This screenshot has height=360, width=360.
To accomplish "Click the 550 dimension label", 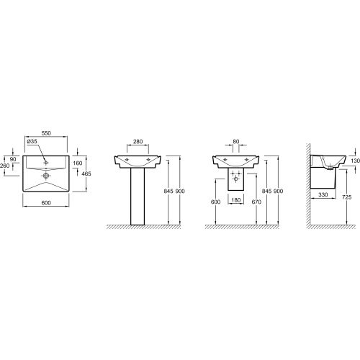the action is tap(46, 133).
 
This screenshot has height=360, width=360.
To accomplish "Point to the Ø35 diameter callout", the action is tap(32, 141).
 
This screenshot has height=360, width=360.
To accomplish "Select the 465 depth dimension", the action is tap(86, 174).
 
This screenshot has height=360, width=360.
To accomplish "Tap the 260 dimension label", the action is tap(5, 166).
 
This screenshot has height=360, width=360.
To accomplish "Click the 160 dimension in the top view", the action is tap(78, 163).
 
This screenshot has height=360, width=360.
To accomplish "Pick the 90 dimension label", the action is tap(13, 159).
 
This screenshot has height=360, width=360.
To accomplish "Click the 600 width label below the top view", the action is tap(46, 203).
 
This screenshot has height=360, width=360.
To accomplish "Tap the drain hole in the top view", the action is tap(45, 176).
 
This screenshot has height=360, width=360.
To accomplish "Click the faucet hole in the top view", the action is tap(45, 163).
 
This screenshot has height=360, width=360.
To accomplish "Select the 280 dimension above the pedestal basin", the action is tap(138, 142).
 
